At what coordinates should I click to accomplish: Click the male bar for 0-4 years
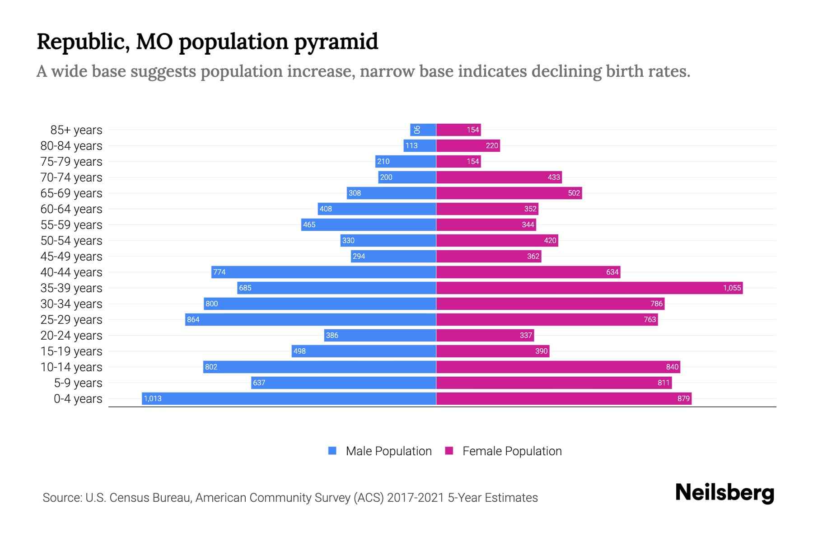click(x=289, y=398)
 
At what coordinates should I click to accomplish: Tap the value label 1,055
click(x=732, y=288)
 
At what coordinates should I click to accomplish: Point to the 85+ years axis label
click(x=76, y=130)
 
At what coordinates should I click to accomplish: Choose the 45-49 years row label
click(x=71, y=257)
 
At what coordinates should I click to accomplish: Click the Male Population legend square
click(x=332, y=451)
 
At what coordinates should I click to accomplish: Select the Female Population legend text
click(x=512, y=451)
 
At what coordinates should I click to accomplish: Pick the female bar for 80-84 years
click(x=467, y=145)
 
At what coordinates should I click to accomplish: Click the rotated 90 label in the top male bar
click(x=417, y=130)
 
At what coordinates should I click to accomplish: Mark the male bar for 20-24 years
click(x=380, y=335)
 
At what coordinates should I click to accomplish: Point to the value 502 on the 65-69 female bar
click(x=574, y=193)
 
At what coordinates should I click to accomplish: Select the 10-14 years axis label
click(x=71, y=367)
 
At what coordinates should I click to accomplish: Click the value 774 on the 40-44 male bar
click(x=220, y=272)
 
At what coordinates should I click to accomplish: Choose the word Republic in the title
click(x=84, y=42)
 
